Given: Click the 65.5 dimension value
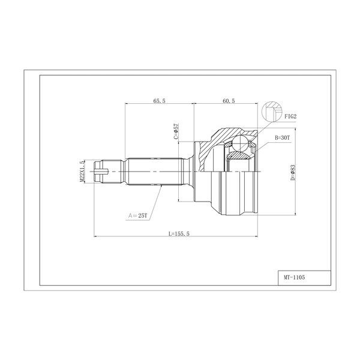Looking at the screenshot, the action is click(x=159, y=101).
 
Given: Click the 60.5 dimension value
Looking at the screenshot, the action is click(x=229, y=101).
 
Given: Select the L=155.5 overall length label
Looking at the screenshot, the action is click(x=179, y=234).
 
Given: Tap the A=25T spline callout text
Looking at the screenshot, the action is click(x=137, y=215).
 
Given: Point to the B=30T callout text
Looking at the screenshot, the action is click(x=283, y=138).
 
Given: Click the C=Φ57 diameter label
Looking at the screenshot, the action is click(x=176, y=131).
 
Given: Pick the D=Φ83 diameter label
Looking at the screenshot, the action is click(x=293, y=172).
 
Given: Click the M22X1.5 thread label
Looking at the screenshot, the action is click(x=82, y=171).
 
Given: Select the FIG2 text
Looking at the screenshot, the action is click(x=290, y=116).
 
